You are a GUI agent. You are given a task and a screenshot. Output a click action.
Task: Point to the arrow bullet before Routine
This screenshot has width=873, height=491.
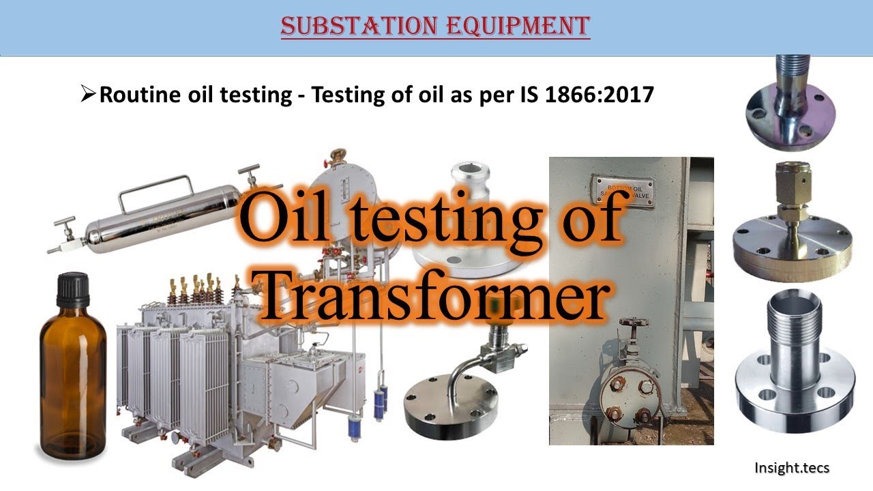coord(89,94)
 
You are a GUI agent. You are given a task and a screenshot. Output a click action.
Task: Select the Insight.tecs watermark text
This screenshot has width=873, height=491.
coord(791,468)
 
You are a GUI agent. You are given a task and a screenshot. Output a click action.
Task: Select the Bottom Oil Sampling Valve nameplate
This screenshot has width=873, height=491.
coord(621,190)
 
